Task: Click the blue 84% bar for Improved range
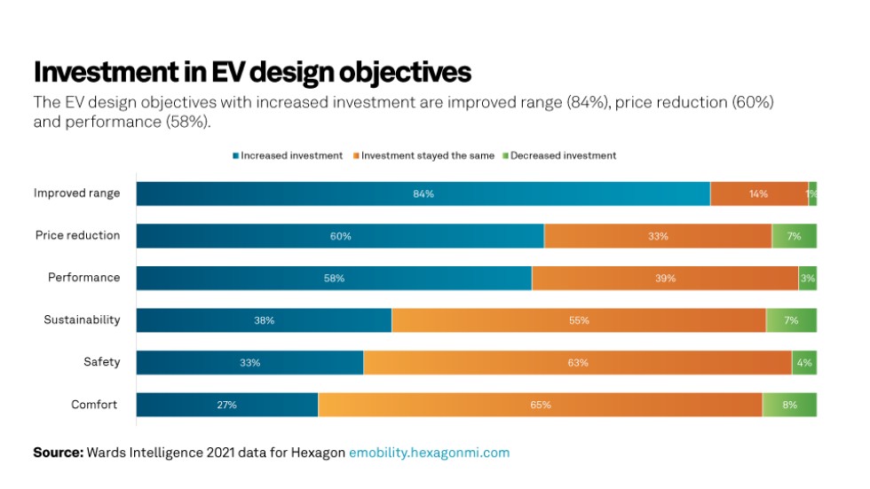click(x=423, y=193)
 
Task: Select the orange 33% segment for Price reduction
click(x=658, y=236)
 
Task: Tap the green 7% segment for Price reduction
click(x=794, y=236)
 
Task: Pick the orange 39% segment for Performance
click(x=665, y=278)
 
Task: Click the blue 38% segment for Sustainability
click(x=264, y=320)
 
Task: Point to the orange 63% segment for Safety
click(x=577, y=362)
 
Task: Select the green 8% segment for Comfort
click(x=789, y=405)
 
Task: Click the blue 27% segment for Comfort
click(x=226, y=405)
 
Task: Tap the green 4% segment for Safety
click(x=804, y=362)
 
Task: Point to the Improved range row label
click(x=76, y=193)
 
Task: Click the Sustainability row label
click(x=82, y=319)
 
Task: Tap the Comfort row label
click(x=94, y=405)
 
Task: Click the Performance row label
click(x=83, y=278)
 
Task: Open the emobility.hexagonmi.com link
click(x=429, y=453)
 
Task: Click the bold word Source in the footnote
click(x=57, y=453)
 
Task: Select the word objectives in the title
click(x=387, y=71)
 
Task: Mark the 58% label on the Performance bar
click(x=334, y=279)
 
